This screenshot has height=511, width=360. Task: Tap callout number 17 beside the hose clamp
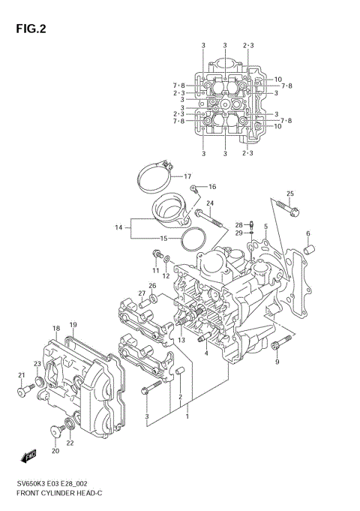click(189, 176)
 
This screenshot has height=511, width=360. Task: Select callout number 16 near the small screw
click(212, 186)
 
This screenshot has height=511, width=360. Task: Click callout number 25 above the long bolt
click(290, 194)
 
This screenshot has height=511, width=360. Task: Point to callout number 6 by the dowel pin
click(307, 233)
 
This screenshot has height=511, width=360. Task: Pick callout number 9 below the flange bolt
click(276, 362)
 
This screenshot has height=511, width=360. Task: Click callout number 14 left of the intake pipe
click(118, 227)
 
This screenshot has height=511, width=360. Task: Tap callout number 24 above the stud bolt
click(211, 203)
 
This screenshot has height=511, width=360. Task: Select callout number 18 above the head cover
click(56, 328)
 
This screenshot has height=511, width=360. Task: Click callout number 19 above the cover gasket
click(73, 325)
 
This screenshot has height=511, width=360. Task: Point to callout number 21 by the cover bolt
click(20, 392)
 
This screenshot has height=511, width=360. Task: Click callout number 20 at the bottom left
click(55, 450)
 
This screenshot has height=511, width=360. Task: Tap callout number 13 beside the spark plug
click(181, 340)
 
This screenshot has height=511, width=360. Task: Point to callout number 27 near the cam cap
click(141, 293)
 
